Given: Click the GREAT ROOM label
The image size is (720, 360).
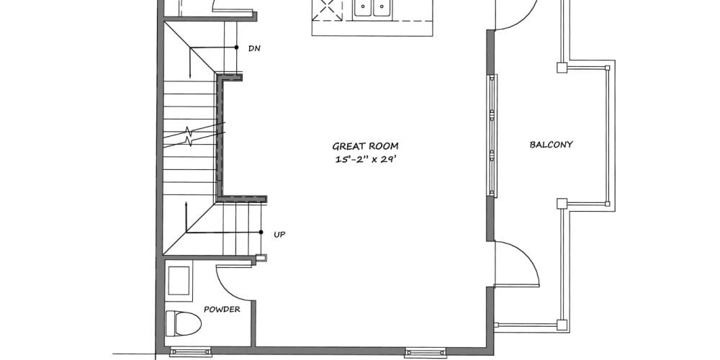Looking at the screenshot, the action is point(365,146).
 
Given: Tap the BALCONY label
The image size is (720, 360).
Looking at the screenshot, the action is point(551,145).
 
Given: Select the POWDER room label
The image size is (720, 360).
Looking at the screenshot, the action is point(222,310).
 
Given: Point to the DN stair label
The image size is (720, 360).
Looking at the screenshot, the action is point(254,48).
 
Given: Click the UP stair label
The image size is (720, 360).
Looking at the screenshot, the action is point(279,235).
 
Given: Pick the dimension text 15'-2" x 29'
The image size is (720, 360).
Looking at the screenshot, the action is point(366,161).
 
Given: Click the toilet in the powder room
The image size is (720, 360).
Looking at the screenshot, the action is point(183,323).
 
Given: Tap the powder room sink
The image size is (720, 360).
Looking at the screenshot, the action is point(179,281).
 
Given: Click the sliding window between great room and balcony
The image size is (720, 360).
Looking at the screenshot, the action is point(492,135).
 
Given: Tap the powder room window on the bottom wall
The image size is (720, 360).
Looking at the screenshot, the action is point(191,352).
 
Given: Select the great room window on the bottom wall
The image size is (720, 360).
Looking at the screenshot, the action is point(426,352).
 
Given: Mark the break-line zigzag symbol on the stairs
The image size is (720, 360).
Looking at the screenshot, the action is point(189,136).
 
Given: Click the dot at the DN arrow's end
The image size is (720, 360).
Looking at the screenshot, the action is point(236,48).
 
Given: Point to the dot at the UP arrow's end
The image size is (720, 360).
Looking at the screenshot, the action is point(261,233).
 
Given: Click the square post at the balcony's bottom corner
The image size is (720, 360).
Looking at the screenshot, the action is point(562,325).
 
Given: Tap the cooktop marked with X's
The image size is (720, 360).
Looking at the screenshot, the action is point(328,10).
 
